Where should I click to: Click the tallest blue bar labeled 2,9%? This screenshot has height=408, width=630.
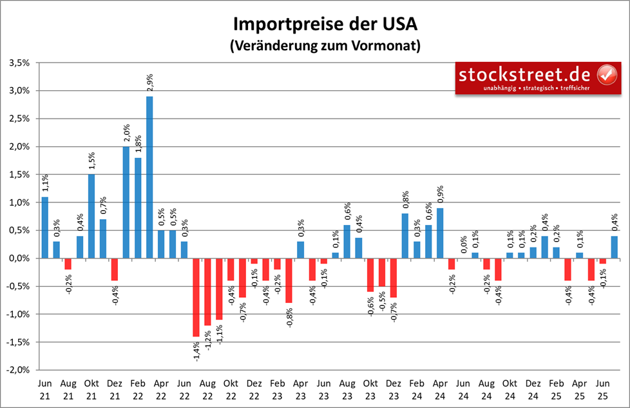[x=149, y=177]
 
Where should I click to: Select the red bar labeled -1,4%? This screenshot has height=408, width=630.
[x=196, y=297]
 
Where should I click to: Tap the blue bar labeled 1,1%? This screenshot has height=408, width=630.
[x=45, y=228]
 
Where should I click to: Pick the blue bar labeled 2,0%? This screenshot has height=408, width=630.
[x=126, y=202]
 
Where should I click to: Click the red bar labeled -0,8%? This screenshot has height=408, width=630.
[x=289, y=280]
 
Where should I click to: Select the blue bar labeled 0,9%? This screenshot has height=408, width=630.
[x=440, y=233]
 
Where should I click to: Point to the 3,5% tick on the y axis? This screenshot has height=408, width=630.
[x=21, y=63]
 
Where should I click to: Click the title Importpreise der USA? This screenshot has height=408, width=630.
[x=325, y=25]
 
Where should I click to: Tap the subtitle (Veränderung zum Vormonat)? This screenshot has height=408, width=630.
[x=325, y=46]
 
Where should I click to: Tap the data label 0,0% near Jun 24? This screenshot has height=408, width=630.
[x=463, y=245]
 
